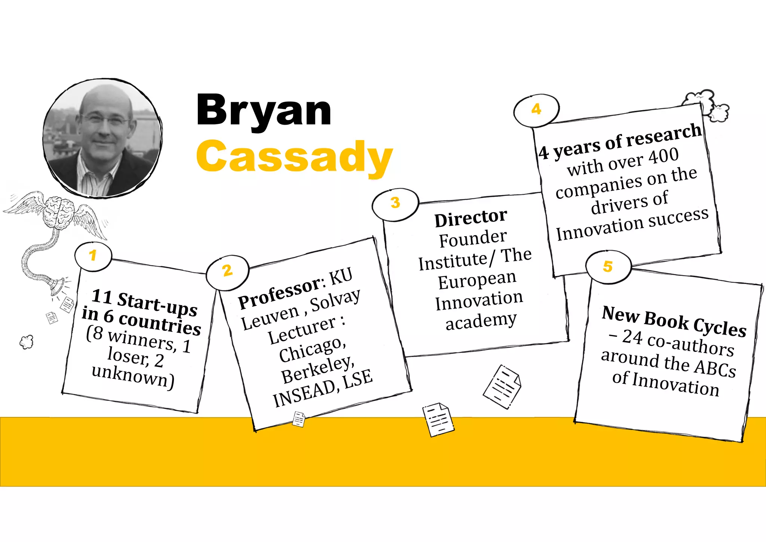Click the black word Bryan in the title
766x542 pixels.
coord(264,110)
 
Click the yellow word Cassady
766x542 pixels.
coord(294,157)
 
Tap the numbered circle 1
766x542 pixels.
coord(93,256)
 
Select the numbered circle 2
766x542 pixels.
coord(227,271)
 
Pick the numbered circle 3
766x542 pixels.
coord(395,204)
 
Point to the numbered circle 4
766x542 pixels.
coord(536,109)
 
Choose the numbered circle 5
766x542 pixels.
coord(608,267)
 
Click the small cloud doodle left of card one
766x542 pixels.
coord(27,342)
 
